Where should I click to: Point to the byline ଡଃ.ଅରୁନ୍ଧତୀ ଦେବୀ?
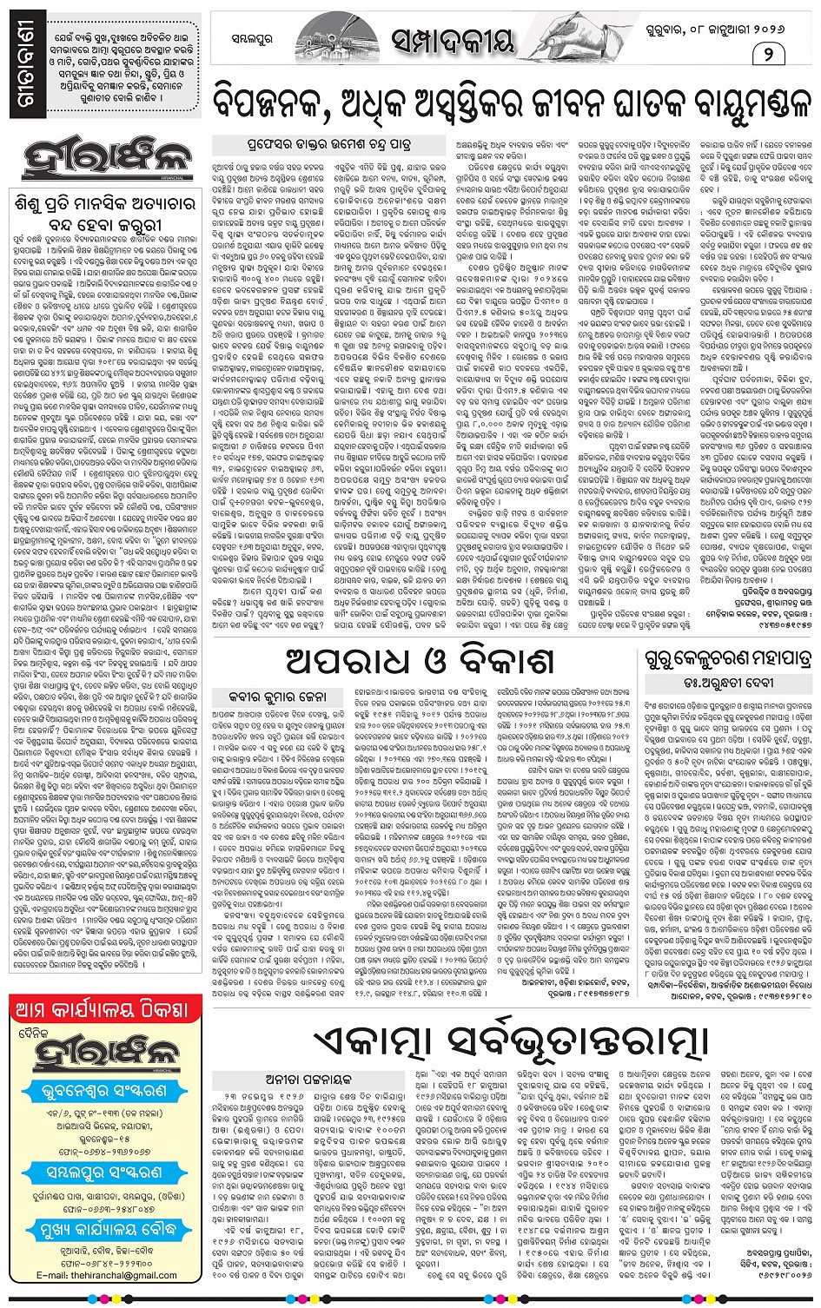click(728, 683)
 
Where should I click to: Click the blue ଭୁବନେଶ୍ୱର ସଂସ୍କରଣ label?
click(105, 1092)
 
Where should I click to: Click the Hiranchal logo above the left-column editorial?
click(103, 162)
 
